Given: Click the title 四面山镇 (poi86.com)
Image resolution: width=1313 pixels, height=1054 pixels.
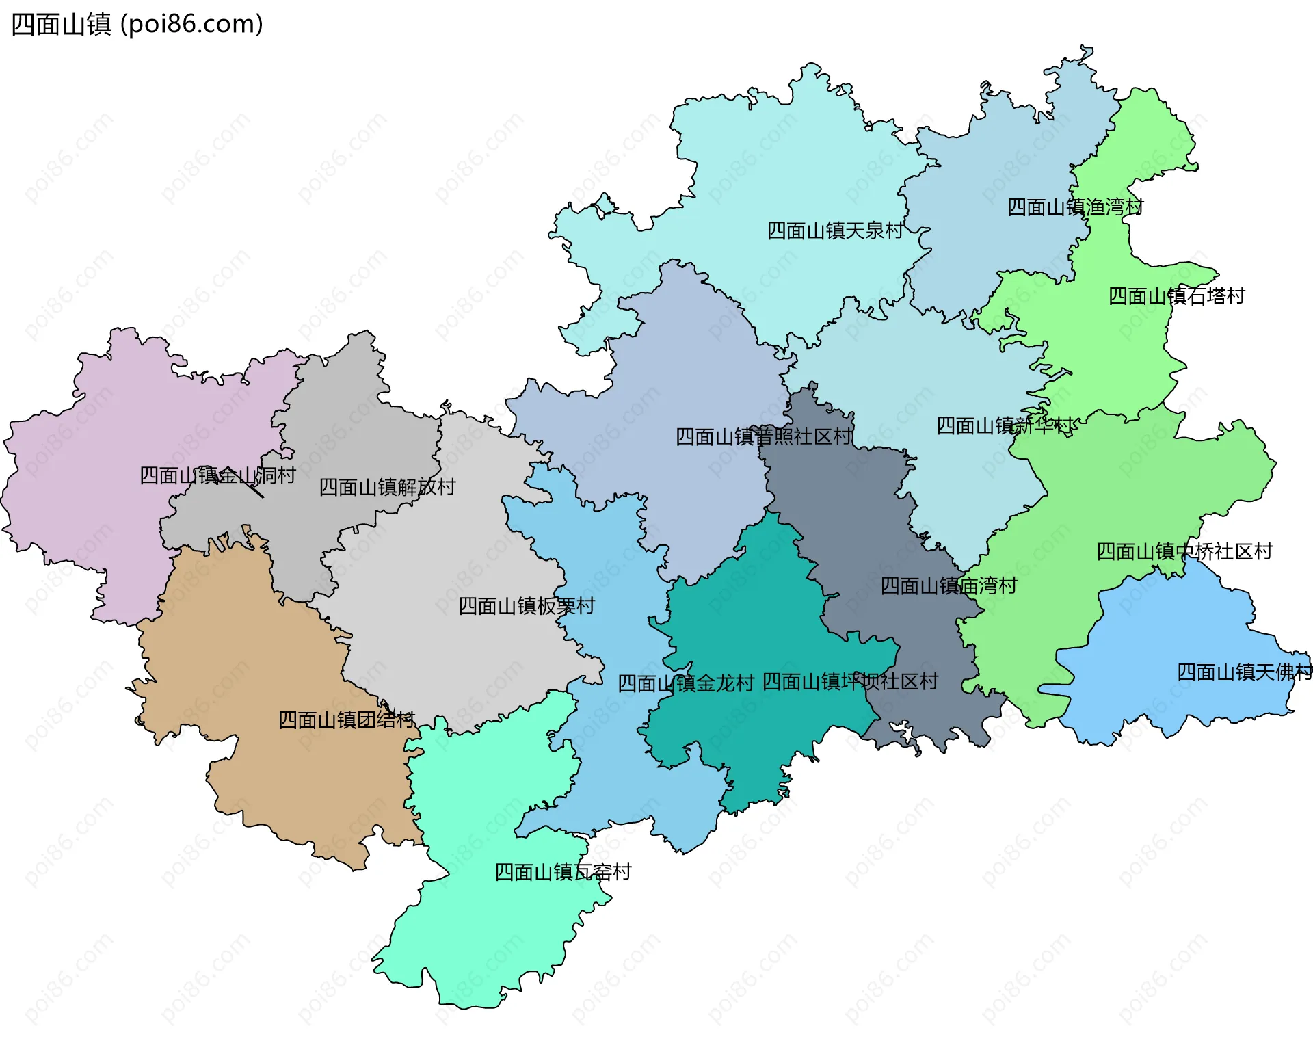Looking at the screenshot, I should [137, 25].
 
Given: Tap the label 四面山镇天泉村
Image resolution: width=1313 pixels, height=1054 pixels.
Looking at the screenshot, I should [834, 231].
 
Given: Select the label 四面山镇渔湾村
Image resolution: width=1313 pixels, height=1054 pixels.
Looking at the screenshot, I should [1075, 207].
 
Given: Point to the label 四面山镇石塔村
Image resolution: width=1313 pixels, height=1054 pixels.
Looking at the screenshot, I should [1176, 296].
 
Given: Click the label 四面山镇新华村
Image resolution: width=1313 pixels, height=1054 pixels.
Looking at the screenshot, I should [1004, 426].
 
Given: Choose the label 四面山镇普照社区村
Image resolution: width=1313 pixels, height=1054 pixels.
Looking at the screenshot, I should [764, 437].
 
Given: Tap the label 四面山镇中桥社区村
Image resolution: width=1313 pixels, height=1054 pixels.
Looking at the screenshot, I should [1184, 551].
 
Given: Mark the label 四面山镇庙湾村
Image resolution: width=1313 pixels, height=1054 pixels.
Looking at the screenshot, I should [949, 586].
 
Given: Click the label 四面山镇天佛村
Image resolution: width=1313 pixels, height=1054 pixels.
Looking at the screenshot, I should [1244, 672].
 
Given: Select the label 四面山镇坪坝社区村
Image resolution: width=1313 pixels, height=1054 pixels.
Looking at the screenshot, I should [850, 682].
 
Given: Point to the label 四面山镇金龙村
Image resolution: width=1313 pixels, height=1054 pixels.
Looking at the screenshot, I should [685, 683].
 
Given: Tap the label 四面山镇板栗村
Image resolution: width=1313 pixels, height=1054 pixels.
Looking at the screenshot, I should [526, 606].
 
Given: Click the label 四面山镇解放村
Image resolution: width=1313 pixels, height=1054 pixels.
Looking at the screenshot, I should [387, 487].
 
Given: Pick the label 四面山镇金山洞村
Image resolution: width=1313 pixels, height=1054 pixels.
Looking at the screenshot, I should [217, 475].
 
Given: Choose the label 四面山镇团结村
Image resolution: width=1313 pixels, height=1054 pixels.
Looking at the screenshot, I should [346, 720].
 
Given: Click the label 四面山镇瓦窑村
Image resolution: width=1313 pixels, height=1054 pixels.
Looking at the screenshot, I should [563, 872].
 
